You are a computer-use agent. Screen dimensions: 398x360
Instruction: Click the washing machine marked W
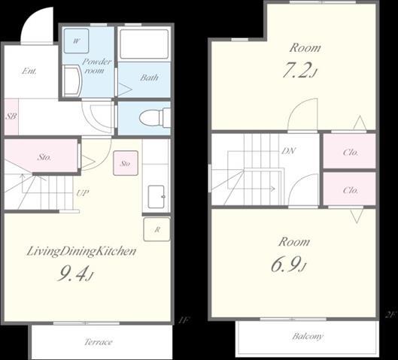[76, 41]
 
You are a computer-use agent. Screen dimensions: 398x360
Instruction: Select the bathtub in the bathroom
[144, 44]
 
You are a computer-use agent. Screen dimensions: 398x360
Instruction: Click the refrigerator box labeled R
[156, 229]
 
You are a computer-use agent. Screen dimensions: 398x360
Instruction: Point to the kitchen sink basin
[156, 197]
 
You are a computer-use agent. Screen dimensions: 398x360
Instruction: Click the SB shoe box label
[11, 116]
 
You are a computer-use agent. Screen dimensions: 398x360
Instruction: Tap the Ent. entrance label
[29, 71]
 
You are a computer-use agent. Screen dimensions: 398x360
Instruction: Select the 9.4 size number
[73, 274]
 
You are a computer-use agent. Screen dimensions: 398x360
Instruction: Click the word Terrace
[99, 342]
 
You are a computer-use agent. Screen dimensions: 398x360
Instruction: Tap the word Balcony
[308, 337]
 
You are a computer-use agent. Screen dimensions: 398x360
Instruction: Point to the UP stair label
[83, 193]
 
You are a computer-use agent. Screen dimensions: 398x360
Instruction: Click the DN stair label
[289, 151]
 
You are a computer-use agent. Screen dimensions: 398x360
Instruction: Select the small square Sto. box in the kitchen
[126, 163]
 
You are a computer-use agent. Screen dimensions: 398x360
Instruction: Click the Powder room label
[96, 65]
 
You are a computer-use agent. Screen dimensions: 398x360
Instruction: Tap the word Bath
[149, 77]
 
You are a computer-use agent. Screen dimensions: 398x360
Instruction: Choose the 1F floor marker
[184, 321]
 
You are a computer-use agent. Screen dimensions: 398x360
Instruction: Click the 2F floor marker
[390, 315]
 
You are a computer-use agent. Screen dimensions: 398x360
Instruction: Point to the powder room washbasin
[72, 81]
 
